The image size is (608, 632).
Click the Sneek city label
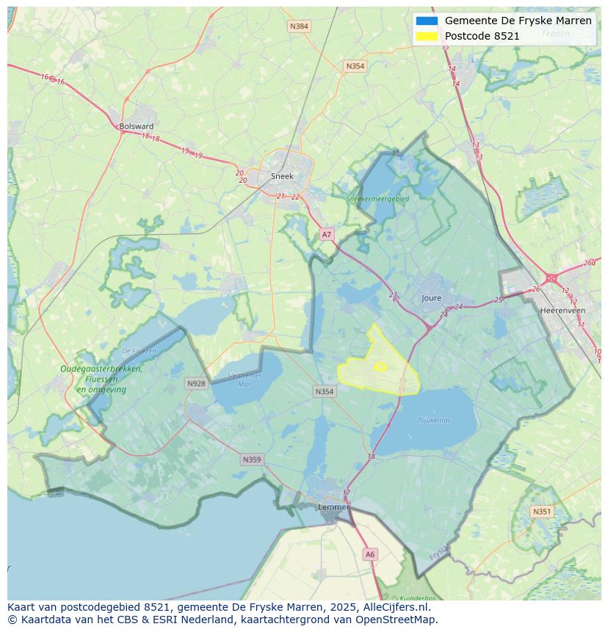click(x=282, y=176)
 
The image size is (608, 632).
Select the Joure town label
click(x=432, y=298)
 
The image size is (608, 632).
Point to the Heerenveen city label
click(x=562, y=310)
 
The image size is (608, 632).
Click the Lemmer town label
click(x=333, y=507)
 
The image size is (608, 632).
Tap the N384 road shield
click(x=299, y=26)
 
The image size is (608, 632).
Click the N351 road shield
click(x=542, y=512)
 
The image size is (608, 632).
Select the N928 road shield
click(x=196, y=383)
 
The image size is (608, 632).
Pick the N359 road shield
click(x=251, y=460)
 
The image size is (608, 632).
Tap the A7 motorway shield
click(x=327, y=235)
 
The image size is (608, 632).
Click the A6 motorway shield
click(x=370, y=555)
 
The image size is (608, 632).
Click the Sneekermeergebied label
click(x=377, y=198)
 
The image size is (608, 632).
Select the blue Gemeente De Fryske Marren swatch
click(x=427, y=21)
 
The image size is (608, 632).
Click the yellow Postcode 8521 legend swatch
click(x=427, y=36)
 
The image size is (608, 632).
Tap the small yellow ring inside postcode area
click(x=380, y=366)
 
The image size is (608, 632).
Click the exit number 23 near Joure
click(x=393, y=295)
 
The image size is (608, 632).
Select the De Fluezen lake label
click(x=139, y=351)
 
